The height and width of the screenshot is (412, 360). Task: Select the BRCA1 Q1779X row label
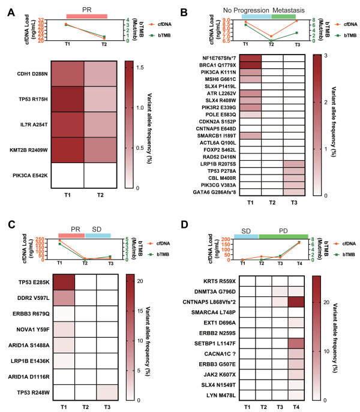[x=223, y=65]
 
